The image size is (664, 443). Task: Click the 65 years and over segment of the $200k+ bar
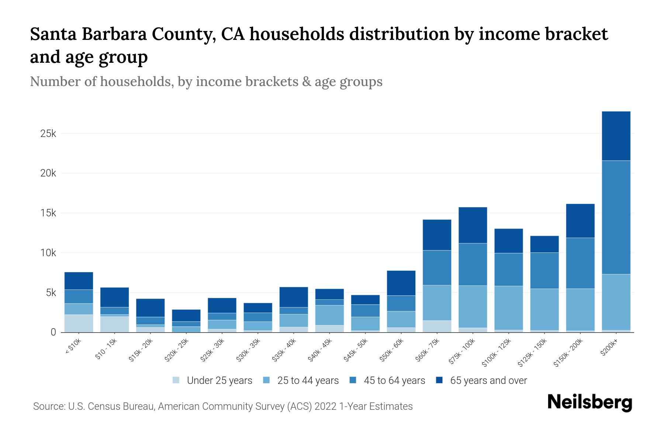point(616,136)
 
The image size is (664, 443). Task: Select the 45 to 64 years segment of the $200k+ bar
point(616,217)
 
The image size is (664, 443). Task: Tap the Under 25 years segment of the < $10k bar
point(79,323)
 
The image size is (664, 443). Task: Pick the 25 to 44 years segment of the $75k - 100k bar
point(473,306)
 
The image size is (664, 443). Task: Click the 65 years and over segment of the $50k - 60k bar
point(401,283)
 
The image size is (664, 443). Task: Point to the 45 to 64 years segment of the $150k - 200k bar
point(580,263)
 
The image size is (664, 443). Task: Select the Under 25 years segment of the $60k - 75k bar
point(437,326)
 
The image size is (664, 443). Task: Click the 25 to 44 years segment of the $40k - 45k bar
point(329,315)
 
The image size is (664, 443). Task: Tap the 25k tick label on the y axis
point(48,134)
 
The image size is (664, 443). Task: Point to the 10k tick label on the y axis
point(48,253)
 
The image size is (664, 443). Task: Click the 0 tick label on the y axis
point(53,333)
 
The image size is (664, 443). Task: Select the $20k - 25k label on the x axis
point(177,350)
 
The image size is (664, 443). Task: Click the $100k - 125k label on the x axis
point(497,353)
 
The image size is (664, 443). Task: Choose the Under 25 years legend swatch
point(176,380)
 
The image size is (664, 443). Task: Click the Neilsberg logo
point(589,403)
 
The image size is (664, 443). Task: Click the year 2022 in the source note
point(325,406)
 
